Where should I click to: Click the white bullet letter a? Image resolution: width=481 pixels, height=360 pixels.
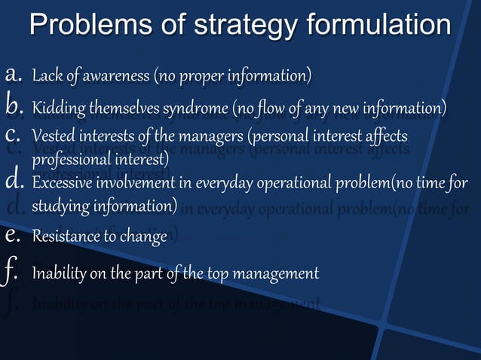[14, 75]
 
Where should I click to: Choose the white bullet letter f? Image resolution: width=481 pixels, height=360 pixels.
[13, 273]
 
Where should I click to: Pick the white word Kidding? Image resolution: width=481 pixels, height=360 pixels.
[57, 109]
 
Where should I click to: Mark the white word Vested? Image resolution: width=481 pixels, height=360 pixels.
[53, 139]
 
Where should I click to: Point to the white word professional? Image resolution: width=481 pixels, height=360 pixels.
[69, 160]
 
